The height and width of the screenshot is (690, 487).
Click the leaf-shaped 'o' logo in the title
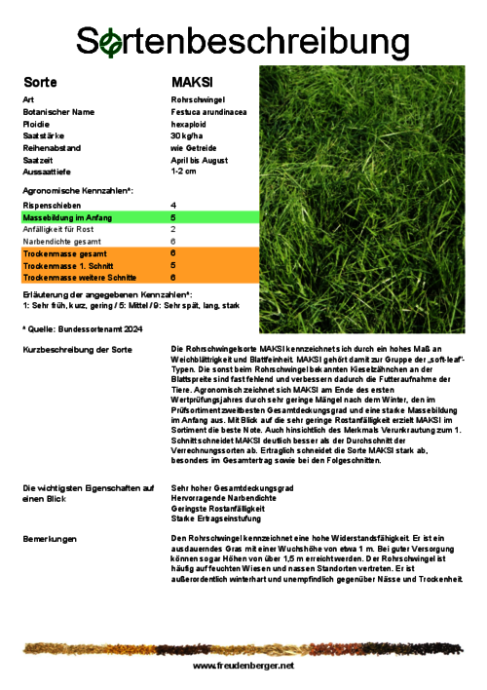pyautogui.click(x=112, y=41)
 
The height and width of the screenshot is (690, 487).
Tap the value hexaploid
pyautogui.click(x=187, y=124)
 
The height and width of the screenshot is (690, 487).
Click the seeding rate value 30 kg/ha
pyautogui.click(x=185, y=135)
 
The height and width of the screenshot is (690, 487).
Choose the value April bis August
pyautogui.click(x=199, y=159)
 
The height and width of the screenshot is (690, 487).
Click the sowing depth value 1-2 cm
pyautogui.click(x=183, y=171)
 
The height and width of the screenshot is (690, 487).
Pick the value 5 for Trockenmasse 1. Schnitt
pyautogui.click(x=173, y=265)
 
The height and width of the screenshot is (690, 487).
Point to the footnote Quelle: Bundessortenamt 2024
pyautogui.click(x=83, y=329)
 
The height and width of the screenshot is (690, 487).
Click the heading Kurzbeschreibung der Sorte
pyautogui.click(x=77, y=349)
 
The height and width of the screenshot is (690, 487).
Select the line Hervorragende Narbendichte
pyautogui.click(x=223, y=498)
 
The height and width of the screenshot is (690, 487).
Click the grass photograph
pyautogui.click(x=362, y=200)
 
